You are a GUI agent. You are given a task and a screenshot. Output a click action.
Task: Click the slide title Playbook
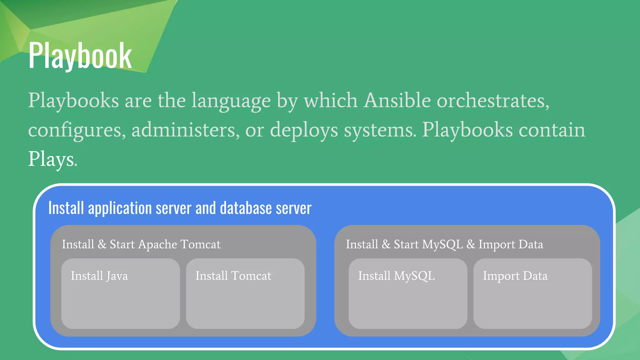80,56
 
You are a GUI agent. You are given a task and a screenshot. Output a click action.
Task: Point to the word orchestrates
492,101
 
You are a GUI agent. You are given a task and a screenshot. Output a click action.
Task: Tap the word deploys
304,130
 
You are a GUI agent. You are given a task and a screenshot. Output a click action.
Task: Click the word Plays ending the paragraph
52,159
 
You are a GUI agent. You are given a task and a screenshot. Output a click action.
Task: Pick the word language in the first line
231,101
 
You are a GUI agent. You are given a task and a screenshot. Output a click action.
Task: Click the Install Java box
121,293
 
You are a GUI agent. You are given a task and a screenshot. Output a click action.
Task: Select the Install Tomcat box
245,293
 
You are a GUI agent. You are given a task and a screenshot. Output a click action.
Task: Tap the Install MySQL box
408,293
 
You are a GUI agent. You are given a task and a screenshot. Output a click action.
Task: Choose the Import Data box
532,293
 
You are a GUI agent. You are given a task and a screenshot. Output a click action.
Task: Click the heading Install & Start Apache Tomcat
141,244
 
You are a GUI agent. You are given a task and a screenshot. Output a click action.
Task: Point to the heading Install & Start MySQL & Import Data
444,244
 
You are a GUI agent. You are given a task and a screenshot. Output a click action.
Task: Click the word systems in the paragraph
380,130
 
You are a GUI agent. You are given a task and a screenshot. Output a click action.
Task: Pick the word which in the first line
331,101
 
